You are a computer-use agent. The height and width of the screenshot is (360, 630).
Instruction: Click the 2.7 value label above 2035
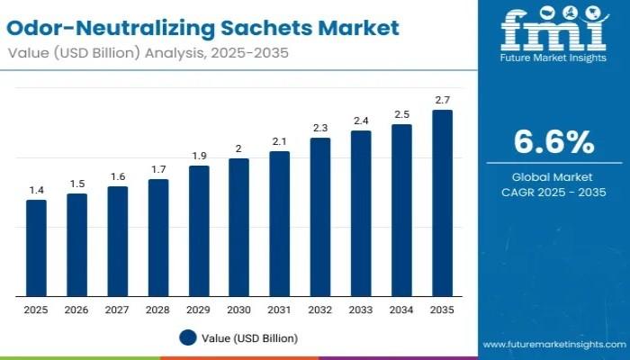(442, 101)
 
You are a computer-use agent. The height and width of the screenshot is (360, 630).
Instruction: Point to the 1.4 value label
(36, 190)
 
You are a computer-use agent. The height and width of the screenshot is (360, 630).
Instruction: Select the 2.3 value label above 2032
(319, 128)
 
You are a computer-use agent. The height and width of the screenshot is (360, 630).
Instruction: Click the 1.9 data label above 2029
(198, 156)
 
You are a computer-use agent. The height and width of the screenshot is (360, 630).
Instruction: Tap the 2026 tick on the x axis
(76, 309)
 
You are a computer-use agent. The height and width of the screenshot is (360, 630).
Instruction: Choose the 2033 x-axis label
(360, 309)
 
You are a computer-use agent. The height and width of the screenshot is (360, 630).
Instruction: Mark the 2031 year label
(279, 309)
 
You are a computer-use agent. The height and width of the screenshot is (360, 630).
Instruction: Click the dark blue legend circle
(187, 337)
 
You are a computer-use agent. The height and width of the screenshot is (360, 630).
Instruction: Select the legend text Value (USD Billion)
(249, 337)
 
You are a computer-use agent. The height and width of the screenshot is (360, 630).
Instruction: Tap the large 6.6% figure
(553, 142)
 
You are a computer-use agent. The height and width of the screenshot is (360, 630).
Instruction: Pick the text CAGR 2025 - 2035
(553, 193)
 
